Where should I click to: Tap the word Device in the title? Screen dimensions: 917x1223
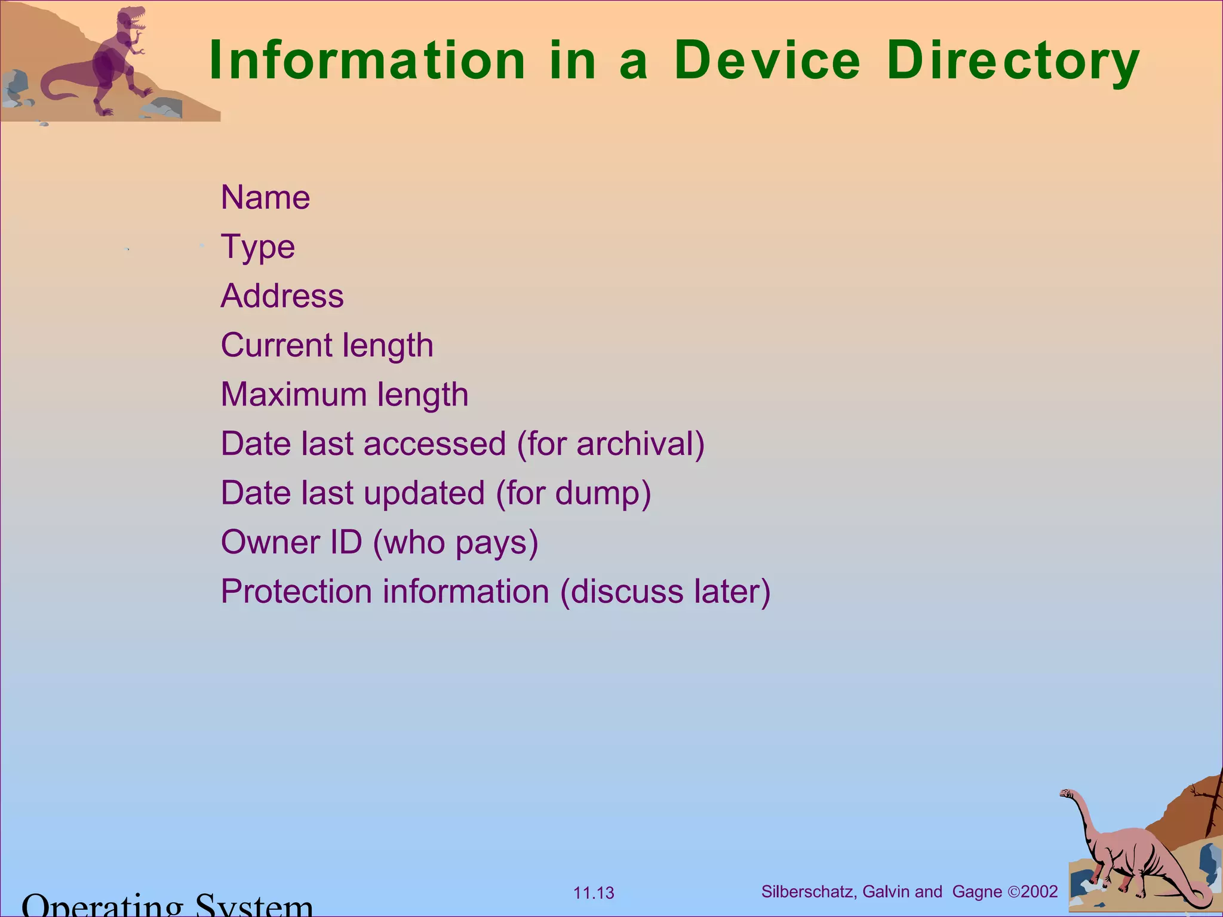pos(767,60)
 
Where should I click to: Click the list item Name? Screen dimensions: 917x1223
pos(265,198)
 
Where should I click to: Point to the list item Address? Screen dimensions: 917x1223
pos(282,296)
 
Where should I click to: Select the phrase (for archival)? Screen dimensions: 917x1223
pos(610,444)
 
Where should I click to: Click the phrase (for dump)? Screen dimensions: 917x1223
pos(573,494)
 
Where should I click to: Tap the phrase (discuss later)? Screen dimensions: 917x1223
pos(665,592)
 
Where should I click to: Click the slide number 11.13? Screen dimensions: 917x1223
pos(594,893)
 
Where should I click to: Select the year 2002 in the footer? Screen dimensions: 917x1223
pos(1039,892)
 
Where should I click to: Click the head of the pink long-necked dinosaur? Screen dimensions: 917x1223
pos(1066,794)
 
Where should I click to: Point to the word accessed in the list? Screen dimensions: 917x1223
pos(434,444)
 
